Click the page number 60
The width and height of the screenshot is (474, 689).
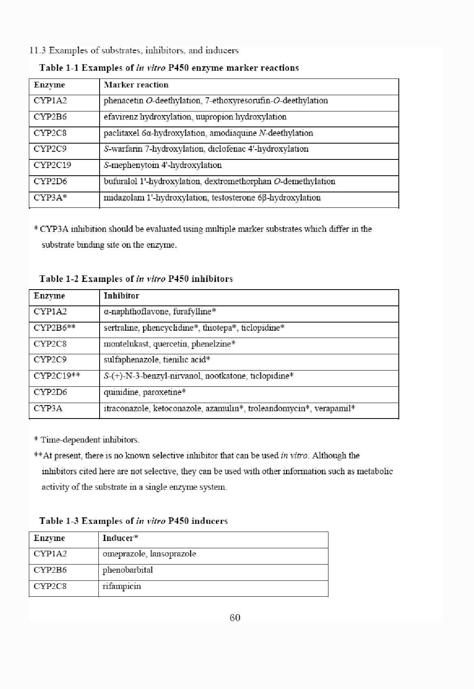pos(235,617)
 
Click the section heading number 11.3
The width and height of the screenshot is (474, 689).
pos(37,50)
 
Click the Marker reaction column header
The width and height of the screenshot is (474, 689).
pos(136,85)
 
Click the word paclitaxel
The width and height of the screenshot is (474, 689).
pos(120,133)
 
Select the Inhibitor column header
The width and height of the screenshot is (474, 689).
pos(121,296)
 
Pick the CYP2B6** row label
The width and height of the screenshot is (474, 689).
pos(54,328)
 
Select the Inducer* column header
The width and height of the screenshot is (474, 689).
pos(120,538)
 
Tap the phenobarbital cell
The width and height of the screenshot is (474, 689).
pos(128,570)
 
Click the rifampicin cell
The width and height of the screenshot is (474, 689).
pos(122,586)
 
